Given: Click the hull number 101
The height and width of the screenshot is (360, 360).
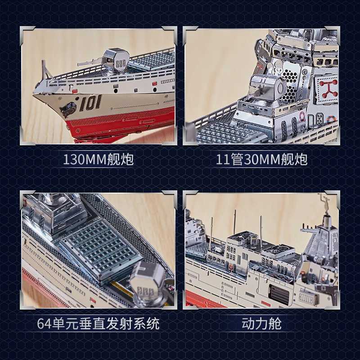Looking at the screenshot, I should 90,103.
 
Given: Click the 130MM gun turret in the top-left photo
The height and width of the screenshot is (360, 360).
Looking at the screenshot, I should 114,61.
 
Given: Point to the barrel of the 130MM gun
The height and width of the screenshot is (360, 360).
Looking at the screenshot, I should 90,63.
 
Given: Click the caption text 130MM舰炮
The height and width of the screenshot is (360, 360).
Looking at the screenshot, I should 98,159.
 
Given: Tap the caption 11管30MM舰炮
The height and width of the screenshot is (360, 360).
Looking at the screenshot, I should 261,159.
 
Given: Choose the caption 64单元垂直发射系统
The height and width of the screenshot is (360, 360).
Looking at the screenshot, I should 98,323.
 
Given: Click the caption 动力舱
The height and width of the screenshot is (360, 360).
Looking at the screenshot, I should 261,323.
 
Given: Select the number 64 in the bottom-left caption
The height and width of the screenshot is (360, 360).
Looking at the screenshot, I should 44,323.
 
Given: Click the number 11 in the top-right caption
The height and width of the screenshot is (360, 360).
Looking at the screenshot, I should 222,159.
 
